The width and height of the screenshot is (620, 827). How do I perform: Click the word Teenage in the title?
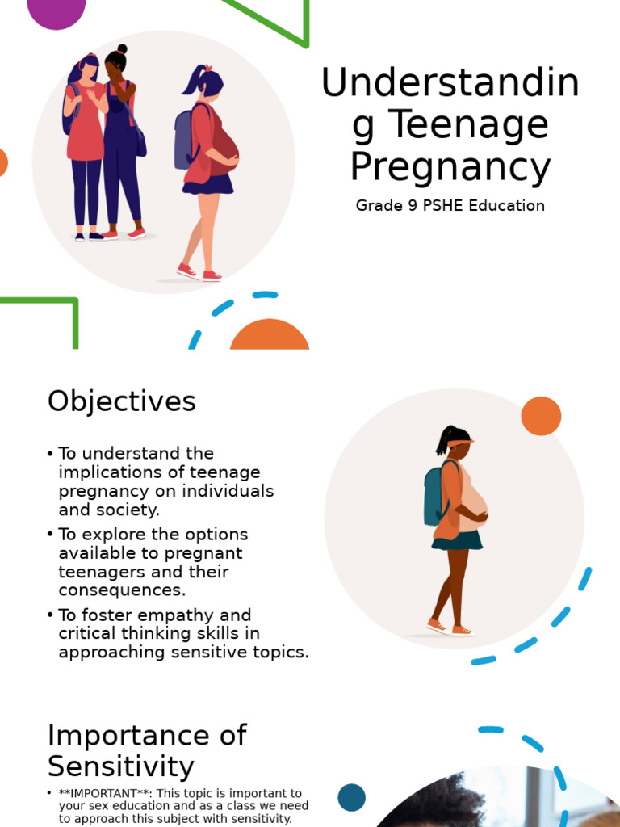coord(468,125)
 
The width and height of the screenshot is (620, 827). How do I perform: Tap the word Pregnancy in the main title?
coord(450,167)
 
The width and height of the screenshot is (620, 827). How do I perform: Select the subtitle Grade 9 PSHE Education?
coord(450,205)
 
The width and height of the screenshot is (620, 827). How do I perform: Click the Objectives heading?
coord(121,401)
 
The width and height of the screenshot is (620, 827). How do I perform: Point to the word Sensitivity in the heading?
coord(120,766)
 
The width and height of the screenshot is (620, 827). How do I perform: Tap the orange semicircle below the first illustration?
coord(270,336)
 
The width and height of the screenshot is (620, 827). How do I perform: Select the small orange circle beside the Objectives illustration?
coord(541,416)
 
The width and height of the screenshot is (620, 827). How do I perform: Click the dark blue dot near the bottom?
coord(351,798)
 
